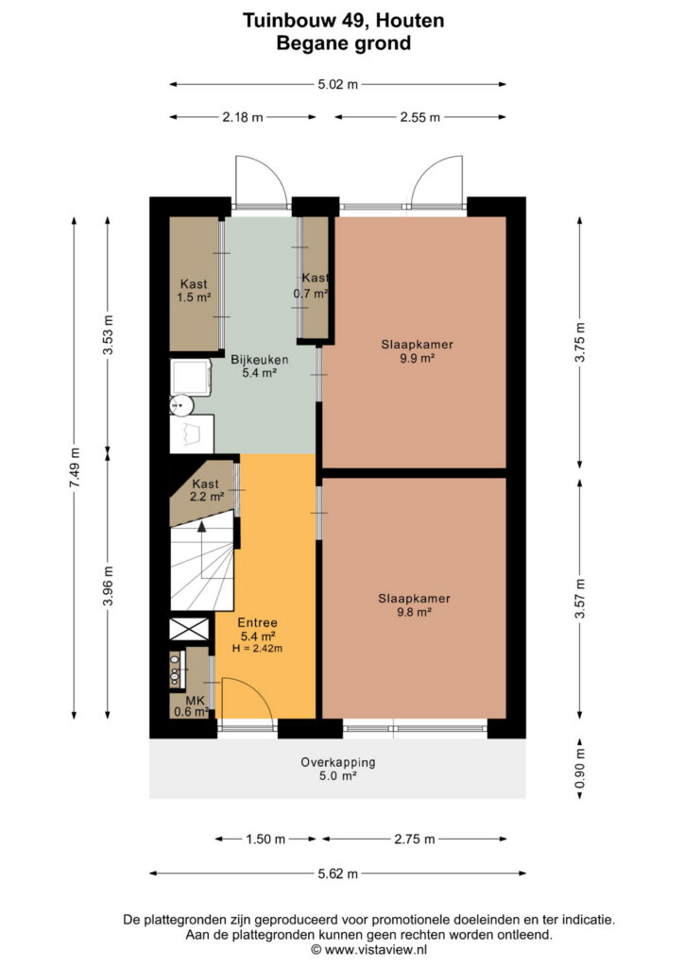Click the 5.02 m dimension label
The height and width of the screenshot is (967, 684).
(337, 84)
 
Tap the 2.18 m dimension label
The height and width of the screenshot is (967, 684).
(243, 117)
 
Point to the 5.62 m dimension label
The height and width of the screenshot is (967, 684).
(338, 874)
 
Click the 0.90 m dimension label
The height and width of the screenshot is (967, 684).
(580, 768)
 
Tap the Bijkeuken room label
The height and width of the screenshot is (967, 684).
(259, 360)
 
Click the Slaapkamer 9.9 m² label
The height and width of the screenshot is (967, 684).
(417, 351)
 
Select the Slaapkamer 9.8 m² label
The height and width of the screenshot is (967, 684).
(414, 605)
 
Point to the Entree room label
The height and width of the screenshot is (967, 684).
(257, 623)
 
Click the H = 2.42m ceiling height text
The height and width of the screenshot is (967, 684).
(257, 648)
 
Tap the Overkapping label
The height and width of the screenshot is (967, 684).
(338, 762)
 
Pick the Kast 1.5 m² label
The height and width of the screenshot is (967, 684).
(194, 291)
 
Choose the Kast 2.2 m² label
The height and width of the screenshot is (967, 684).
(206, 490)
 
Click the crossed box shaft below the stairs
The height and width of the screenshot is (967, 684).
(189, 629)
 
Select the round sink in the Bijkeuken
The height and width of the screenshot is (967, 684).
(182, 404)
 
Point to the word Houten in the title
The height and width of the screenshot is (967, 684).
(410, 21)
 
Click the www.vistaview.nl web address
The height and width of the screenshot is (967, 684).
(376, 950)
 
